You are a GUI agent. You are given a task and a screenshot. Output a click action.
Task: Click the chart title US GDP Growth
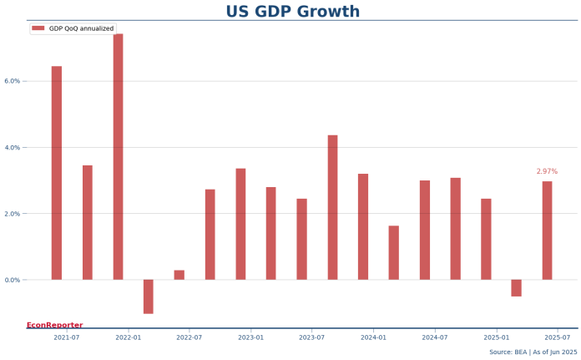point(293,12)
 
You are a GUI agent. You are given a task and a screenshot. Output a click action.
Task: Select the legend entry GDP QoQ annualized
point(81,28)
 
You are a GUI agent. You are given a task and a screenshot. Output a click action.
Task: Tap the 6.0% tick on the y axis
point(12,81)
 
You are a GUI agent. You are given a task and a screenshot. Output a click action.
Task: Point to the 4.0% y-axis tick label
point(12,148)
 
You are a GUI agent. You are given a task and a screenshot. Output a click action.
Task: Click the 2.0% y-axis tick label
point(12,214)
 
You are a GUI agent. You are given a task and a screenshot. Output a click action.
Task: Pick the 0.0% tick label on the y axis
point(12,280)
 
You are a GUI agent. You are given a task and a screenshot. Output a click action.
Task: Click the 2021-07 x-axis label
point(67,337)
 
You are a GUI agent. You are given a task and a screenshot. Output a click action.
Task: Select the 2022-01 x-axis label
point(128,337)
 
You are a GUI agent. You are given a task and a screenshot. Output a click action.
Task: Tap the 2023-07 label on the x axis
point(312,337)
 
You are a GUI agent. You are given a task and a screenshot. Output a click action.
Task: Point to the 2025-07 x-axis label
point(557,337)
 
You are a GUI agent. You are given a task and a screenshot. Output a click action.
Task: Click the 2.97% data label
point(547,171)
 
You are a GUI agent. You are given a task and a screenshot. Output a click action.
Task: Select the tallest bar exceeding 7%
point(119,157)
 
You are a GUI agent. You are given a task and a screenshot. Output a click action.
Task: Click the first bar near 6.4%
point(57,173)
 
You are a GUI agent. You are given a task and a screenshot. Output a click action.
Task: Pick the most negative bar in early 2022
point(149,297)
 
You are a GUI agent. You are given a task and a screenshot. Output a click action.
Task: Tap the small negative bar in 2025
point(517,288)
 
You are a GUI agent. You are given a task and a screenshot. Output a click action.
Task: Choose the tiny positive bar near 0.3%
point(179,275)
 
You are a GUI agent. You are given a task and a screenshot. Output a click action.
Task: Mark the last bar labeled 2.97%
point(547,231)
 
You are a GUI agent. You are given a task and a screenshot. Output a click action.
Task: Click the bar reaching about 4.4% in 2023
point(333,207)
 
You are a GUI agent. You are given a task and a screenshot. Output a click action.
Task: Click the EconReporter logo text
point(54,325)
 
